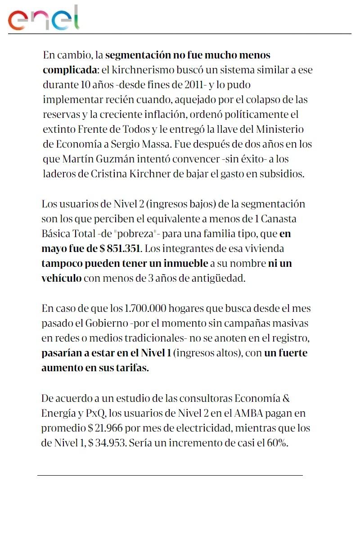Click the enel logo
tap(43, 18)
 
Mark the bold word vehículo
tap(62, 278)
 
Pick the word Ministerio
tap(279, 130)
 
